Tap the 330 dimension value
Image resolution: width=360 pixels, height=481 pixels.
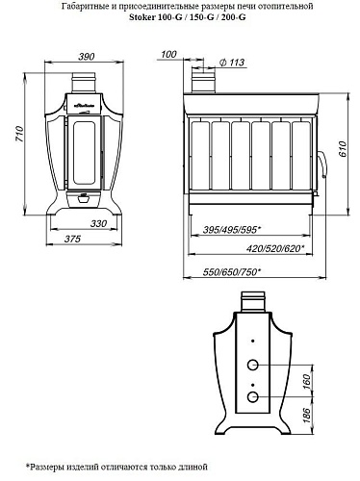pyautogui.click(x=98, y=223)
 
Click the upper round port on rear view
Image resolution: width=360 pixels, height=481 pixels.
pyautogui.click(x=254, y=366)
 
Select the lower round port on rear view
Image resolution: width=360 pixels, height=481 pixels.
pyautogui.click(x=254, y=397)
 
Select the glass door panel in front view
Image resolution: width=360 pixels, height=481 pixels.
pyautogui.click(x=83, y=145)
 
